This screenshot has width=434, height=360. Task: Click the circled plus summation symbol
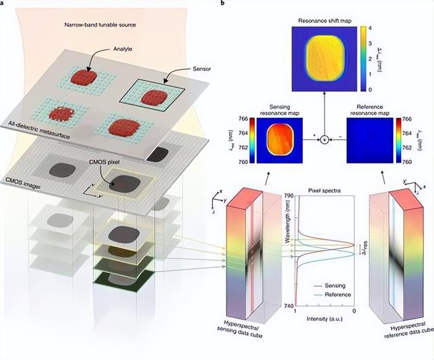(x=324, y=139)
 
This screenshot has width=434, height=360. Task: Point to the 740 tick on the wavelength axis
(x=288, y=306)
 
